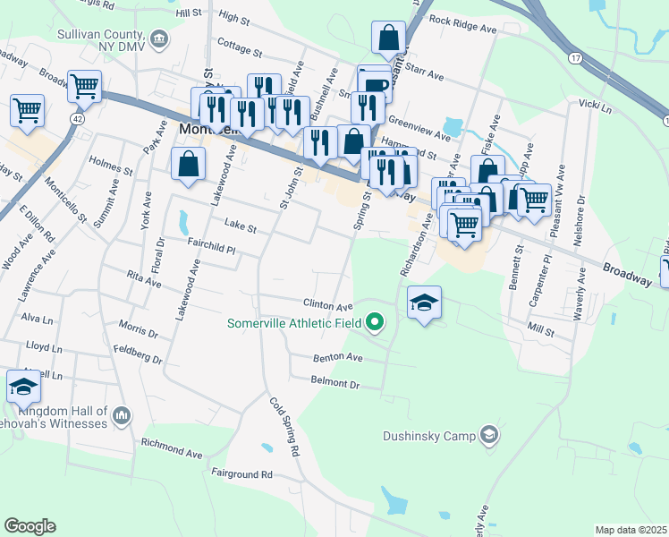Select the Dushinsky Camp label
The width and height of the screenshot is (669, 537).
[428, 437]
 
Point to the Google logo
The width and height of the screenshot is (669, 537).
[30, 526]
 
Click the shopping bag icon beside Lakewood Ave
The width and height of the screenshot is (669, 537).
[189, 165]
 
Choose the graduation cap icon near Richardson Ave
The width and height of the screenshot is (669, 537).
[425, 303]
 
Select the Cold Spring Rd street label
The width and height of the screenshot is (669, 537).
[284, 427]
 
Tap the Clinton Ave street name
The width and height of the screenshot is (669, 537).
[328, 305]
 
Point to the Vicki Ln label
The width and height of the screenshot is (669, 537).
[595, 107]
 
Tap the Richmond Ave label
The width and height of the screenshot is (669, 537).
[172, 447]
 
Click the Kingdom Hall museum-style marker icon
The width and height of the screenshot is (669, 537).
[123, 414]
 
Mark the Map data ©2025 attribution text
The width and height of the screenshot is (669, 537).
[631, 530]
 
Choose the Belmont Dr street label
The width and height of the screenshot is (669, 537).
[334, 384]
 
